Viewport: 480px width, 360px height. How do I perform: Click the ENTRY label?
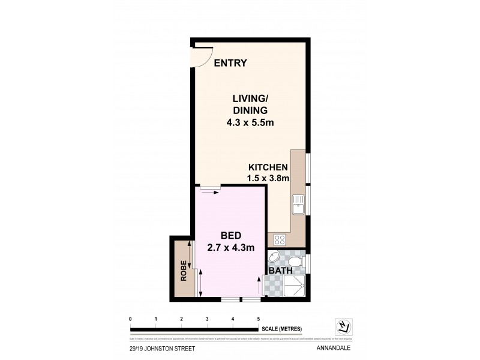pos(230,63)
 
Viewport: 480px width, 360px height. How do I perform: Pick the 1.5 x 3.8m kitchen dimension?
pos(269,178)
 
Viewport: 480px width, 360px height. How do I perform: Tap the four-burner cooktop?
pos(280,239)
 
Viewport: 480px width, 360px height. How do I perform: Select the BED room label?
pos(231,235)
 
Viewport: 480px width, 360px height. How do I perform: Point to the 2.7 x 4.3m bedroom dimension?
pos(231,247)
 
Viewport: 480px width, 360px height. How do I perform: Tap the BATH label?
pos(280,271)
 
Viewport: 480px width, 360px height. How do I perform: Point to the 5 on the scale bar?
pos(258,319)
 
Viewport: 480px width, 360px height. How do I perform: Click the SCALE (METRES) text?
pos(281,329)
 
